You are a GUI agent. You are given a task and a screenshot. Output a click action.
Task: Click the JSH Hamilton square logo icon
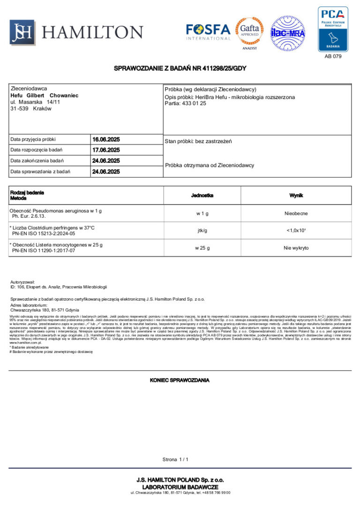point(22,32)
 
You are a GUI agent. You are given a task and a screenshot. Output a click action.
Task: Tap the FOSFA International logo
point(208,32)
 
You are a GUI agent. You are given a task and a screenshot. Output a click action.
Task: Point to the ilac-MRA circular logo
point(287,33)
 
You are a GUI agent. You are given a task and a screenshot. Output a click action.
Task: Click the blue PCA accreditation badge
point(333,29)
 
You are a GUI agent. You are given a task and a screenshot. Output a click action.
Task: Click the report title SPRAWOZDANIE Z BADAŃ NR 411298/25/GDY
point(180,69)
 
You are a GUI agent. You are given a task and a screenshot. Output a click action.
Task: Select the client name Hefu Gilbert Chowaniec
point(44,95)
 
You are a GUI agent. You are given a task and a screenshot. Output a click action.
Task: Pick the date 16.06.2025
point(106,139)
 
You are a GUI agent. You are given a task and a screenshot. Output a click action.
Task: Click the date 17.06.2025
point(106,150)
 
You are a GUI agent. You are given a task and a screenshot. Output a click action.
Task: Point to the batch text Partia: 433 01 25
point(185,103)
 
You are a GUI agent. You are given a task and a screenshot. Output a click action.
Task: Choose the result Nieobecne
point(296,213)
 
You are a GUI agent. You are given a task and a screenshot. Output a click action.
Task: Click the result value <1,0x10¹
point(296,230)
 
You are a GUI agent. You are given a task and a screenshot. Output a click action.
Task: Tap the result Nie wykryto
point(296,248)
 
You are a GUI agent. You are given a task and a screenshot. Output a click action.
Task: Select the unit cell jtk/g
point(202,230)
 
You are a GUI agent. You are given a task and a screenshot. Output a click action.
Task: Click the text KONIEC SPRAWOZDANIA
point(180,380)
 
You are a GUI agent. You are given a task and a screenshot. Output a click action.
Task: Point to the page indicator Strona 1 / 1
point(175,459)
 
